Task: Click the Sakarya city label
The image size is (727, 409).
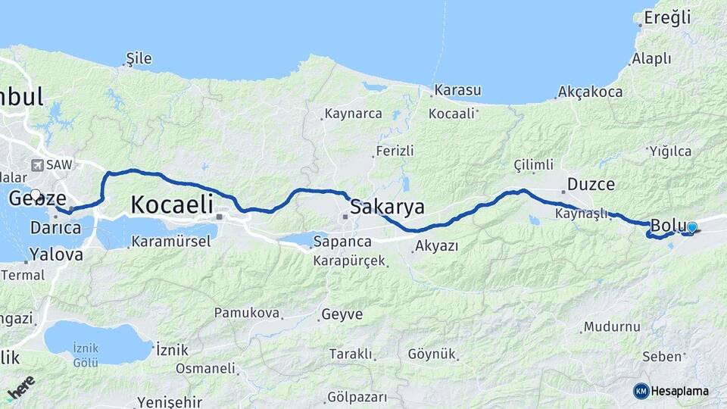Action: (x=387, y=207)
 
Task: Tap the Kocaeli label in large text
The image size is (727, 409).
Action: (x=172, y=204)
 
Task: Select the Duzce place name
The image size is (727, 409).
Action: (x=591, y=184)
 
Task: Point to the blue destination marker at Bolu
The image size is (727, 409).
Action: (x=691, y=227)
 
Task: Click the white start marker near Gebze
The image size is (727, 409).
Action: (x=36, y=195)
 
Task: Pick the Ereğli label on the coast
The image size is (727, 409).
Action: (x=666, y=17)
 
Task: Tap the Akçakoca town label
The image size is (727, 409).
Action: (x=590, y=92)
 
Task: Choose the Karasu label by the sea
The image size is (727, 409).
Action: (x=458, y=90)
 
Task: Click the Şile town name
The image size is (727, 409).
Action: (x=139, y=58)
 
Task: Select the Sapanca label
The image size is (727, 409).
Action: (x=343, y=242)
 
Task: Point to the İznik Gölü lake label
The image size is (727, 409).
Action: (x=86, y=354)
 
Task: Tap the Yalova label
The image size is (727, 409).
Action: (x=57, y=254)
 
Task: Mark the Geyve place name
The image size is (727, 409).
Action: (x=342, y=314)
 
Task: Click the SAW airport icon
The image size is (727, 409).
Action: (x=37, y=164)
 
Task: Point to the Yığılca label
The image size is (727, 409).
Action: (x=669, y=151)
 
